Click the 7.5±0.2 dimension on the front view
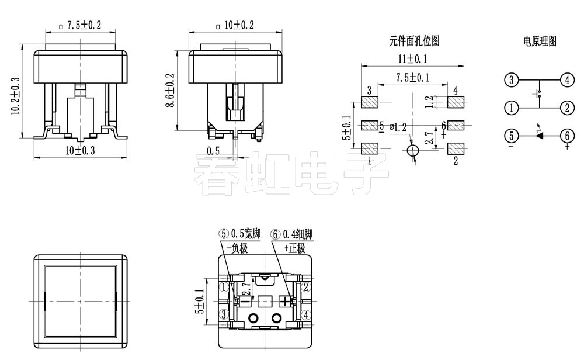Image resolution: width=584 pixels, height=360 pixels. tap(84, 25)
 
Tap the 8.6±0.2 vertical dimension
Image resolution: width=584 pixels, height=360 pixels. tap(170, 91)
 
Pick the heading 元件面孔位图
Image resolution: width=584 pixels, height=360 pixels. tap(414, 41)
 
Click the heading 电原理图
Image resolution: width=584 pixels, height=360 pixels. tap(540, 41)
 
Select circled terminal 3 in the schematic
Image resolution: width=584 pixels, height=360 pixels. tap(512, 80)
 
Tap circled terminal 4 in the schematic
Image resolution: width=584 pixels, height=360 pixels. tap(566, 80)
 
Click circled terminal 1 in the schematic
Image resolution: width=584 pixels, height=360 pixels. tap(512, 108)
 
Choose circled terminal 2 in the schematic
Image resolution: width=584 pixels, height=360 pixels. tap(566, 108)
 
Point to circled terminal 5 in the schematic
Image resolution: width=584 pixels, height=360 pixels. tap(512, 136)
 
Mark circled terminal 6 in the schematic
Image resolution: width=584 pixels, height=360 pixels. tap(566, 136)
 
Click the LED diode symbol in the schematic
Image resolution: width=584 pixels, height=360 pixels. tap(540, 136)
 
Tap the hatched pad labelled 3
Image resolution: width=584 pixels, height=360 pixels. tap(370, 103)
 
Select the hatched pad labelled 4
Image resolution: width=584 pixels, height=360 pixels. tap(456, 103)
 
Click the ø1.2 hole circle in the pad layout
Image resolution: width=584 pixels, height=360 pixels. tap(413, 151)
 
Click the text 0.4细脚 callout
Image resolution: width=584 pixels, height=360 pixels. tap(297, 234)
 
